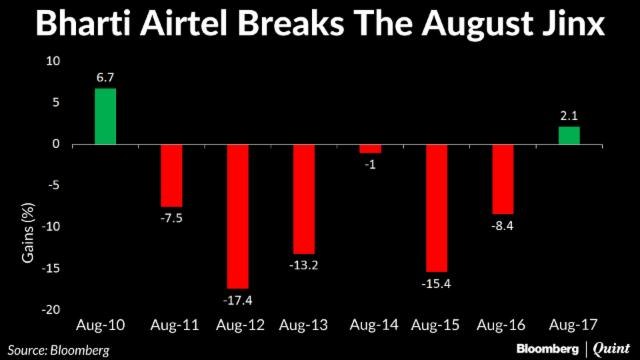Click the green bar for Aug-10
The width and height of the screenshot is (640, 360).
(x=105, y=116)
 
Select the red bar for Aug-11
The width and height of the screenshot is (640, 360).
(x=172, y=175)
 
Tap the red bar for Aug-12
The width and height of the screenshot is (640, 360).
(x=237, y=216)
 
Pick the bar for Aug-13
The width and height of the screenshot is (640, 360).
(x=303, y=199)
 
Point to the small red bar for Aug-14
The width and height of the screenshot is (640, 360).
(x=370, y=149)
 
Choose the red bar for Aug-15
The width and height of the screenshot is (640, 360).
(x=436, y=208)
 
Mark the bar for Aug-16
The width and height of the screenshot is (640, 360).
(x=502, y=179)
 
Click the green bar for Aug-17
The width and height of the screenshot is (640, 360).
(x=568, y=136)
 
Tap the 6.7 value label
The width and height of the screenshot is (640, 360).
(x=105, y=78)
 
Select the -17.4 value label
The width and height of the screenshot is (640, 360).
(x=237, y=300)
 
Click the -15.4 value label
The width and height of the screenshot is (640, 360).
(x=436, y=283)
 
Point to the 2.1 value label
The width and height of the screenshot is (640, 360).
(x=568, y=117)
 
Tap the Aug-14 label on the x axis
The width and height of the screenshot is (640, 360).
(x=370, y=325)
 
